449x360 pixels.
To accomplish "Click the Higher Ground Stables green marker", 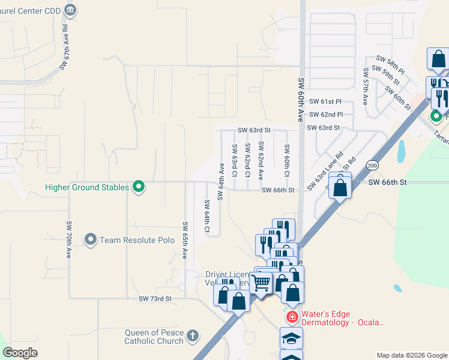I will pos(139,187).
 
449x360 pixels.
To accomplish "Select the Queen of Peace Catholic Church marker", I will pos(192,335).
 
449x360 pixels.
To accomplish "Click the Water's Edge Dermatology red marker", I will pos(292,316).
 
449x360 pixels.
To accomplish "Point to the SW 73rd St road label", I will pos(155,298).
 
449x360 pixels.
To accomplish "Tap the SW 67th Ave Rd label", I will pos(64,53).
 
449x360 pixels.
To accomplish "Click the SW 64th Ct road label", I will pos(207,217).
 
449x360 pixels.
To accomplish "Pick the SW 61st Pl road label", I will pos(326,102).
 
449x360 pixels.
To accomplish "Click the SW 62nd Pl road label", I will pos(326,115).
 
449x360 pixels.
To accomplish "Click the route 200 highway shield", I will pos(373,164).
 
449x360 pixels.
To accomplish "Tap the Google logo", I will pos(20,353).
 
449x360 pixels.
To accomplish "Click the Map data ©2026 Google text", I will pos(412,355).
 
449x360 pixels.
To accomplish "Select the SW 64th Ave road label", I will pos(221,181).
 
